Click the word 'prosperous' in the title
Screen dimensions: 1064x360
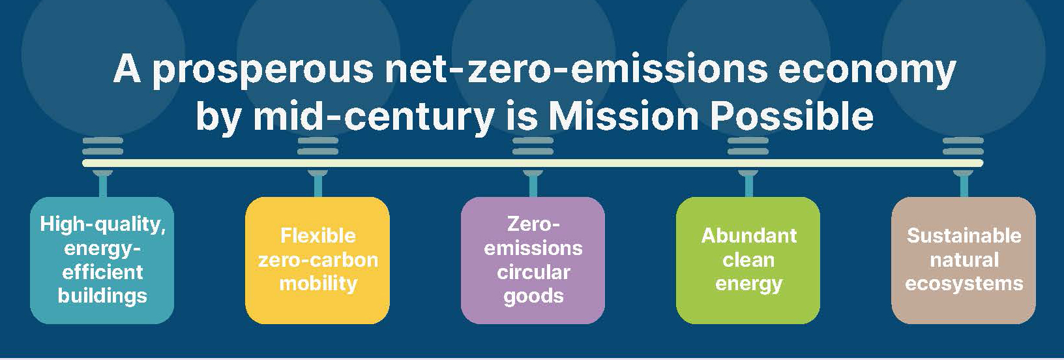(x=264, y=70)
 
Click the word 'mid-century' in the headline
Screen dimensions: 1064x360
(x=374, y=117)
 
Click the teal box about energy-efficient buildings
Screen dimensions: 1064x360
(x=102, y=260)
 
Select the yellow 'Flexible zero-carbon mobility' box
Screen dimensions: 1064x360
(x=318, y=260)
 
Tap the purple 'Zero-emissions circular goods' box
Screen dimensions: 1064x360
(x=533, y=260)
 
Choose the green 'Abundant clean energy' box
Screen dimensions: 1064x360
(x=748, y=260)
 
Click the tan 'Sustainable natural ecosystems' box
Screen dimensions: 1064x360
(x=964, y=260)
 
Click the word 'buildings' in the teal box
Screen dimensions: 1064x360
(x=102, y=296)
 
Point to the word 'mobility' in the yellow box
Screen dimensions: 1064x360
(x=318, y=284)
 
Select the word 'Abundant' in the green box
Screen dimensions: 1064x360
(x=749, y=236)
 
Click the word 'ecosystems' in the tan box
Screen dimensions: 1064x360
(x=964, y=284)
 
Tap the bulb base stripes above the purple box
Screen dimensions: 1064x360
(x=533, y=146)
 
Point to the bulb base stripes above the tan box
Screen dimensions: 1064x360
(x=964, y=146)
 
